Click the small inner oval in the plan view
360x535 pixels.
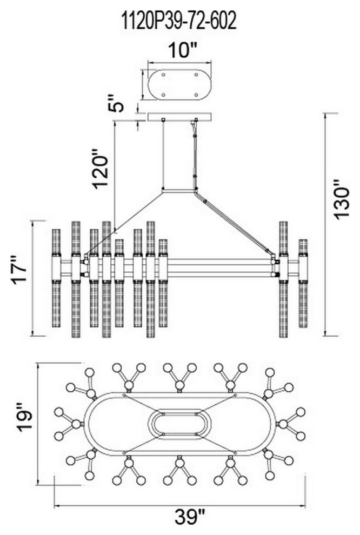click(x=179, y=424)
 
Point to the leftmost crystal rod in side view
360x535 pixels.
click(x=56, y=281)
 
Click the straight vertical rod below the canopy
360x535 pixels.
click(x=164, y=154)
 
